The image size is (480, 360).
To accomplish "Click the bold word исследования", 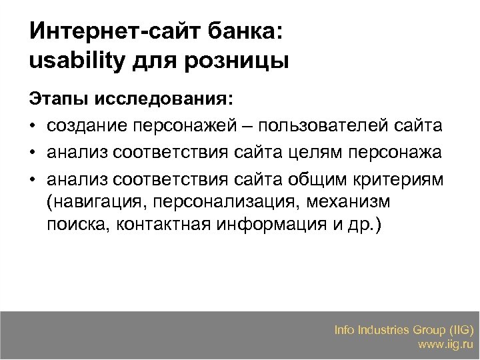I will (x=164, y=100).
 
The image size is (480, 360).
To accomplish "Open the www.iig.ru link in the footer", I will (x=445, y=345).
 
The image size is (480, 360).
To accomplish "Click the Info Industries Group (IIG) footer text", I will (x=404, y=329).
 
